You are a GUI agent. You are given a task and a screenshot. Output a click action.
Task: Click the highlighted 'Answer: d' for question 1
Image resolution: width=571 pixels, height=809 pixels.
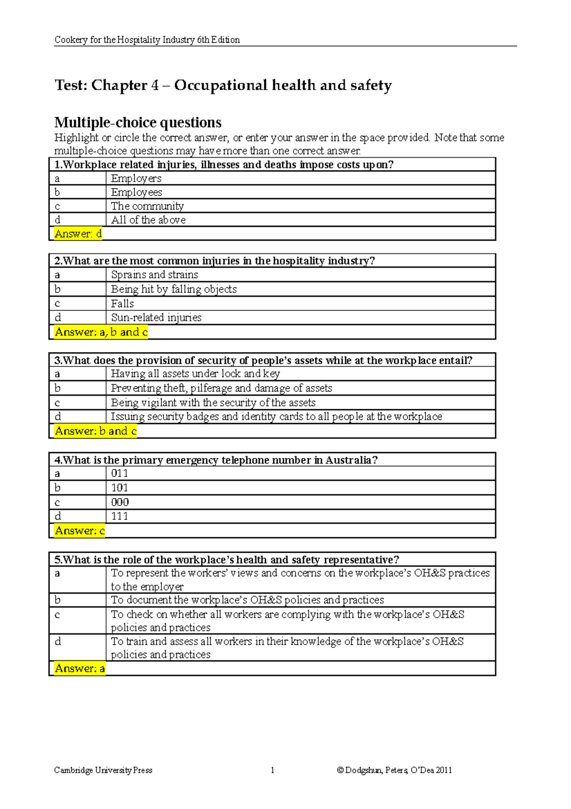(78, 233)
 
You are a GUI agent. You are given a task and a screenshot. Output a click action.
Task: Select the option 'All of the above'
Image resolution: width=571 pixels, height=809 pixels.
(148, 220)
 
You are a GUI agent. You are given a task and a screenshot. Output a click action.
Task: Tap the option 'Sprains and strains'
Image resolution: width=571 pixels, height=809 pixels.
(154, 274)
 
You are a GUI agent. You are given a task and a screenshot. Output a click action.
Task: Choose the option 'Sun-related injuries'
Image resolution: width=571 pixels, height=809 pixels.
(156, 317)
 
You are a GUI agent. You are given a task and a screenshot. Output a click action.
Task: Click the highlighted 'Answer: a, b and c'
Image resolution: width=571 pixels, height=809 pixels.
(101, 332)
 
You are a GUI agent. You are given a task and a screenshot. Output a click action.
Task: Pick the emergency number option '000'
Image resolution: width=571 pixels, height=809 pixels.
(120, 502)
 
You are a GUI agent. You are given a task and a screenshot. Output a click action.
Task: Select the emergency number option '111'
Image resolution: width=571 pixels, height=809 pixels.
(119, 516)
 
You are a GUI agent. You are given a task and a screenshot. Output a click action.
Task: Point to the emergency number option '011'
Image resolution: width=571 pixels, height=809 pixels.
(119, 473)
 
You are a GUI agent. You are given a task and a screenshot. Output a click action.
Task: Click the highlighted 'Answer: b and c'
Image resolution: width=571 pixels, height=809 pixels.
(95, 431)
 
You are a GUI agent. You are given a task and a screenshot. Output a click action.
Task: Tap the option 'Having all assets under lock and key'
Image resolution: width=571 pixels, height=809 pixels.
(195, 374)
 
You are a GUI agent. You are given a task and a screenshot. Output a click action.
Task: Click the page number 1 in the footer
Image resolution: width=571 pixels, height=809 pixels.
(272, 770)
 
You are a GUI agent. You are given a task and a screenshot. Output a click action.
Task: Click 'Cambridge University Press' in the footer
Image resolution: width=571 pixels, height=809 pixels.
(103, 770)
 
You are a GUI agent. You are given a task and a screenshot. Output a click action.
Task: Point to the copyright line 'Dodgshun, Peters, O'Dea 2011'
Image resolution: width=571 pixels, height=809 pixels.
(394, 770)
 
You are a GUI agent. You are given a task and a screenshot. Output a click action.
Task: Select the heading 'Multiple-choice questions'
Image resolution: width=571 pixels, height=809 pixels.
(138, 122)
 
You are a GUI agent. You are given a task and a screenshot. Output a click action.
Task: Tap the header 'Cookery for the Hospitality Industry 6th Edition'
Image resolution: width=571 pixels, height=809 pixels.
(147, 40)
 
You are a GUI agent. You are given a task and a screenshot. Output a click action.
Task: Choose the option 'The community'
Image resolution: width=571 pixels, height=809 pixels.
(147, 206)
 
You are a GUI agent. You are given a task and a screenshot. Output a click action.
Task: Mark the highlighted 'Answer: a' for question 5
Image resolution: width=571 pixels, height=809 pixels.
(79, 668)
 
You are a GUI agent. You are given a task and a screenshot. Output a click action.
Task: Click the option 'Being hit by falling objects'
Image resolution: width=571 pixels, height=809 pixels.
(174, 289)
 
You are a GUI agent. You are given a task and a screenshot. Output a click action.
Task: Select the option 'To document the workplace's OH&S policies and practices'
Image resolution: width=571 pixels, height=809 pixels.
(247, 600)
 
